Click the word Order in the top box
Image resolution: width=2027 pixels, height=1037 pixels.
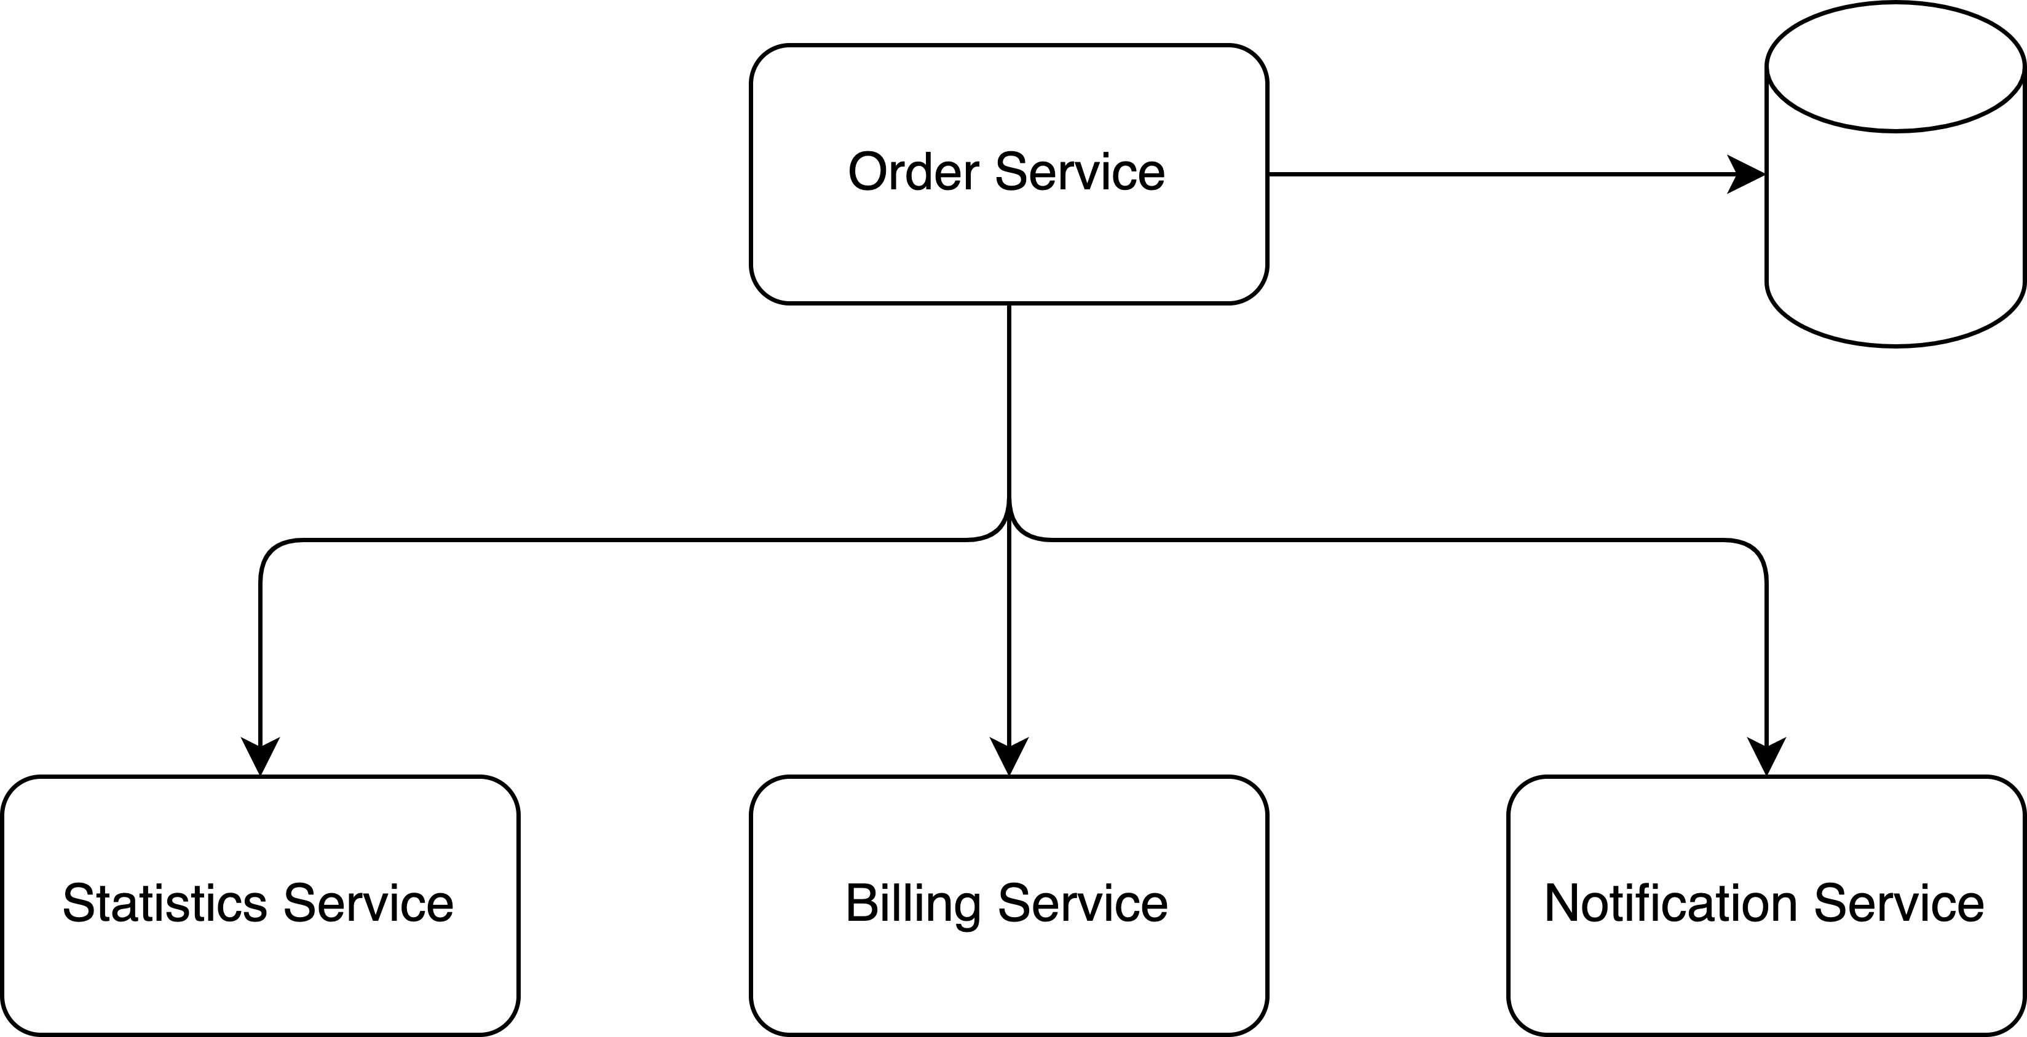tap(913, 172)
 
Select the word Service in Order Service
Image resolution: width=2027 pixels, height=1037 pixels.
tap(1080, 172)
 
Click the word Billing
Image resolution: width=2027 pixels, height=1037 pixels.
tap(913, 904)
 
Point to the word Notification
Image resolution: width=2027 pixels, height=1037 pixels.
tap(1670, 904)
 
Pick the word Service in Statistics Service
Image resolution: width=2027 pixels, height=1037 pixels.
tap(368, 904)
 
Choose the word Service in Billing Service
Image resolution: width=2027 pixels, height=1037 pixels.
tap(1083, 904)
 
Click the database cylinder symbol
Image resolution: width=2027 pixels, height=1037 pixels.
tap(1895, 236)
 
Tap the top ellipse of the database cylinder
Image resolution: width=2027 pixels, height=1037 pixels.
tap(1895, 67)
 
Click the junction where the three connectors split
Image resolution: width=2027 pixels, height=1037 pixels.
tap(1009, 519)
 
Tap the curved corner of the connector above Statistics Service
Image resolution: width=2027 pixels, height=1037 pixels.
tap(272, 551)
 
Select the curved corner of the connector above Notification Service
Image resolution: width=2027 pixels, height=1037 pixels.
tap(1755, 551)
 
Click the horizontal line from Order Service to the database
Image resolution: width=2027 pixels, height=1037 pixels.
tap(1495, 175)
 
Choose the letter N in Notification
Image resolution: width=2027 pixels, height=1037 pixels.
tap(1563, 904)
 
